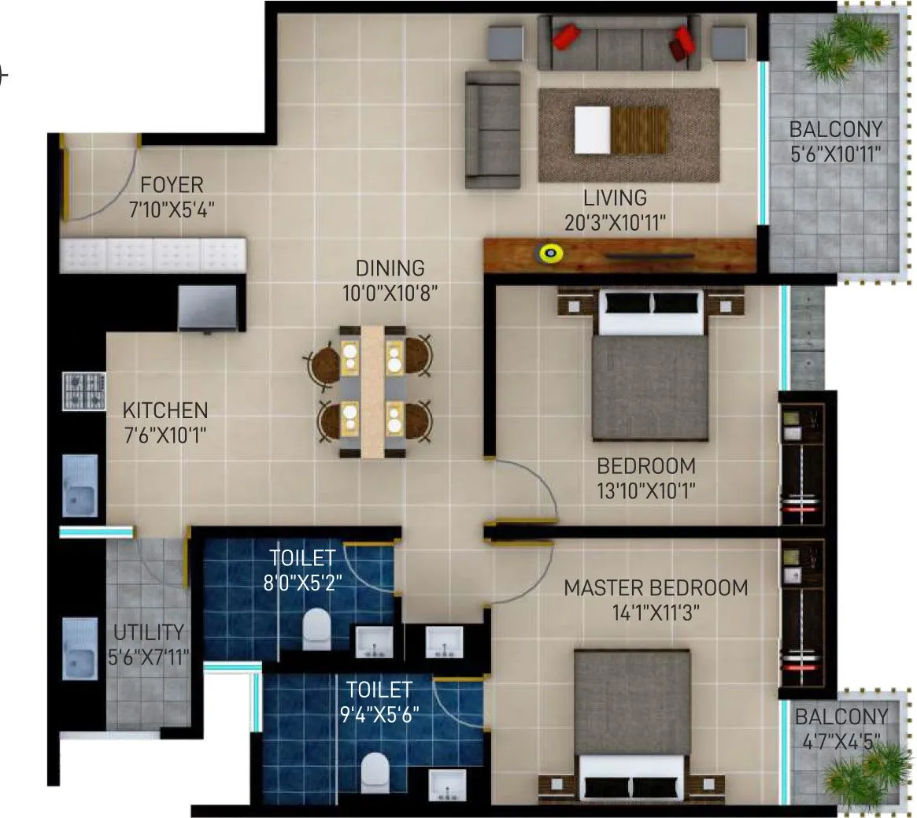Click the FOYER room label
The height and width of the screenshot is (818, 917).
[172, 185]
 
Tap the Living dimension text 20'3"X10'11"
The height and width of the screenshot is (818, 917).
[616, 223]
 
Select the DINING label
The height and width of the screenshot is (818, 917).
[390, 268]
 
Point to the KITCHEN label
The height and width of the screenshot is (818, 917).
[165, 410]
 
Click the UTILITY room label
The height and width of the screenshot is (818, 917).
[149, 632]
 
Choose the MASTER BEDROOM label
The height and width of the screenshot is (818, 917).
[656, 587]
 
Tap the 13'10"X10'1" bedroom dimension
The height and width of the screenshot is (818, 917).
[646, 490]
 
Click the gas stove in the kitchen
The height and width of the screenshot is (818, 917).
[84, 390]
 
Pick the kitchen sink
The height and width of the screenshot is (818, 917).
[79, 487]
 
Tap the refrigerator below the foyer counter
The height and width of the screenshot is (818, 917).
[207, 308]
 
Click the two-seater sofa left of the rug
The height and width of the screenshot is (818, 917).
[493, 129]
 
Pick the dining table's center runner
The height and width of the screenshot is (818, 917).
[372, 390]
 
